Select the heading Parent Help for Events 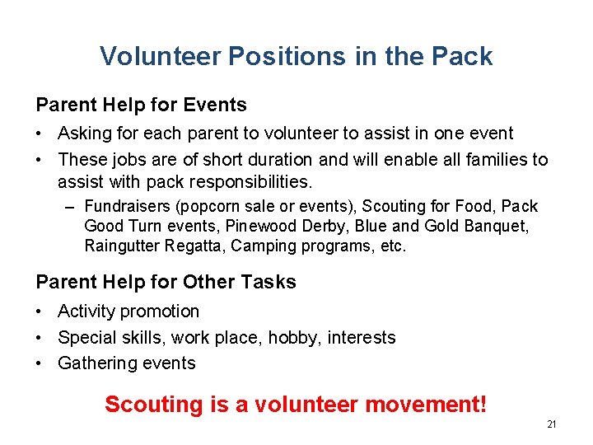coord(141,105)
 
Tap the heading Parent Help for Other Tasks coord(166,282)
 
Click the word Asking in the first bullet coord(84,133)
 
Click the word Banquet coord(499,226)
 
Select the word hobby coord(301,337)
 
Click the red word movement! coord(426,405)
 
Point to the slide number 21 coord(552,424)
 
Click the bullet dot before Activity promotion coord(40,311)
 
